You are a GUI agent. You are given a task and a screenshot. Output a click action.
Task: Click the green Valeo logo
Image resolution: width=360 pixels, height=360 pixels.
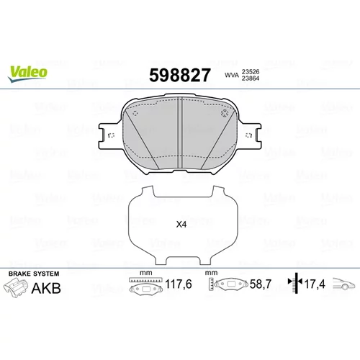point(27,74)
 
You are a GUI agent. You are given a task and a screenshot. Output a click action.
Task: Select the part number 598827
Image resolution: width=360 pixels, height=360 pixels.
point(180,75)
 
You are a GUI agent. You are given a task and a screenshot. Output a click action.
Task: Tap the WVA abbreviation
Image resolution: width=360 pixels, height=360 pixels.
point(232,75)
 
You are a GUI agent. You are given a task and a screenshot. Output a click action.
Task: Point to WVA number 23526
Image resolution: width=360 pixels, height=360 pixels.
point(251,72)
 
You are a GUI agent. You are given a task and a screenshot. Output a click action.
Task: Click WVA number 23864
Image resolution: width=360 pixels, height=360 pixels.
point(251,78)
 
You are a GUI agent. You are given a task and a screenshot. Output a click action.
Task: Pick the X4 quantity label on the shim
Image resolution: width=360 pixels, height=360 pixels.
point(181,225)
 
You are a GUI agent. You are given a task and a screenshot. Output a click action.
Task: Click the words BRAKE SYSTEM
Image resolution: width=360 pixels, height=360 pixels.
point(34,274)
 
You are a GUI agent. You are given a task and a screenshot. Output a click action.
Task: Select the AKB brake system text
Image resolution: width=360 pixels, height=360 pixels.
point(46,288)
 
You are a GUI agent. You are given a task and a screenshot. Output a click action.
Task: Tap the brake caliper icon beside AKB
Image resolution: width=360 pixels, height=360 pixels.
point(15,287)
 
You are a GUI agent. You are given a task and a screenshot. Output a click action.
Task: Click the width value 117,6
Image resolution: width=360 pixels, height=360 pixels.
point(179,284)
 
